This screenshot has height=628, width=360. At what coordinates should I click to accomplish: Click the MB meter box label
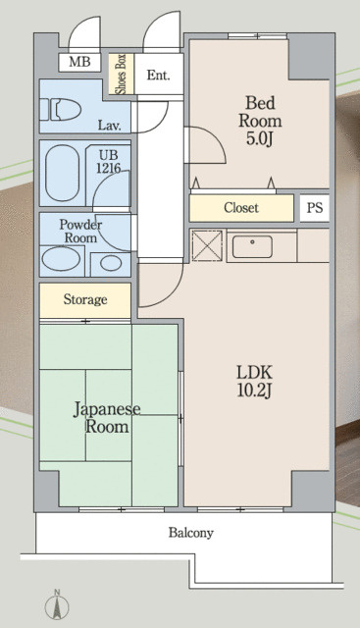(79, 62)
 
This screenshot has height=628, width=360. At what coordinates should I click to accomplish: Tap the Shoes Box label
(121, 75)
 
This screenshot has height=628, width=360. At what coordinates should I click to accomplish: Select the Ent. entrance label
(158, 75)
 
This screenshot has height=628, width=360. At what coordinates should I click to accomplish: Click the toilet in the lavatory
(61, 109)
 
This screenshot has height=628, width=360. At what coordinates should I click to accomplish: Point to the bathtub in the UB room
(62, 173)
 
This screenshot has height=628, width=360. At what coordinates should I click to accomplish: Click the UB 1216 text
(108, 162)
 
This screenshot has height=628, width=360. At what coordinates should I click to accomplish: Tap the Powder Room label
(80, 232)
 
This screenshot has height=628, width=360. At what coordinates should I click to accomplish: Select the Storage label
(85, 299)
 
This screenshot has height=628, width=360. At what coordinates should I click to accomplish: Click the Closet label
(241, 208)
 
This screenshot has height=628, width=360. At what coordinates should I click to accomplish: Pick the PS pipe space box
(315, 208)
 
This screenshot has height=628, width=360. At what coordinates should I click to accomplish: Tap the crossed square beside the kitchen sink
(207, 246)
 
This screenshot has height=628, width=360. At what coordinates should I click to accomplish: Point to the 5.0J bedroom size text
(260, 138)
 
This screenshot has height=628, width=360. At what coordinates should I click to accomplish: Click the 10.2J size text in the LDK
(255, 391)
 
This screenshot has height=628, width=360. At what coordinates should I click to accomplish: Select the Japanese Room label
(107, 418)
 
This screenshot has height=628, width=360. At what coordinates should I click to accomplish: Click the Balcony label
(191, 533)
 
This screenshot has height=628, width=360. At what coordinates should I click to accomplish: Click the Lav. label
(110, 126)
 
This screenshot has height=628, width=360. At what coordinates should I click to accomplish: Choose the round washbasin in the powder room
(111, 263)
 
